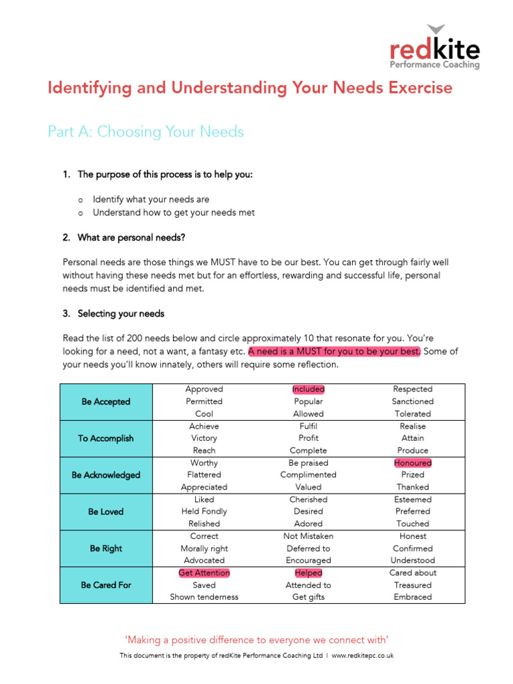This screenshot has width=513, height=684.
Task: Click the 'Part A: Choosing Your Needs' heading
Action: [146, 132]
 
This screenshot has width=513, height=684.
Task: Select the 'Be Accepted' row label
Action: [106, 401]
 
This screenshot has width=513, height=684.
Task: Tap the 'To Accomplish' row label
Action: [106, 438]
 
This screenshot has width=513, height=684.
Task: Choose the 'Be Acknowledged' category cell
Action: [106, 475]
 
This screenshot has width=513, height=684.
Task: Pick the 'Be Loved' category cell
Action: [106, 512]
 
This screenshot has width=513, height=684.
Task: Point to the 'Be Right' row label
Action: [106, 548]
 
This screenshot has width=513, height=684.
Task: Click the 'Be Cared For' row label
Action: [106, 585]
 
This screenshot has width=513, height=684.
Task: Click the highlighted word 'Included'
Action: [308, 389]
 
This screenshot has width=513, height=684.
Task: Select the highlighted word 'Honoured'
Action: [412, 462]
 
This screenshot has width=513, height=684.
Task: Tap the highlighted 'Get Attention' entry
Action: [204, 572]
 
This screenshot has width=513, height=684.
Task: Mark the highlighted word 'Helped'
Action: [308, 572]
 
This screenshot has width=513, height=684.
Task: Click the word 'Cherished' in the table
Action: [308, 499]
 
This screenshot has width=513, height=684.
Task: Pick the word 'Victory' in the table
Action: [204, 438]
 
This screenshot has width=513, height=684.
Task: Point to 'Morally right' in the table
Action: [204, 548]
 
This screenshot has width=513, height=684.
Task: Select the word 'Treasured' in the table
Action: [412, 584]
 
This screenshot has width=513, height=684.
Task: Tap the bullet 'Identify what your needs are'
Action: [151, 199]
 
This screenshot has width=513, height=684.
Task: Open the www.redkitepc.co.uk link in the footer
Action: [362, 655]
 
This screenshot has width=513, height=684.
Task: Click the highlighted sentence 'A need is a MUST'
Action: [334, 351]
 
